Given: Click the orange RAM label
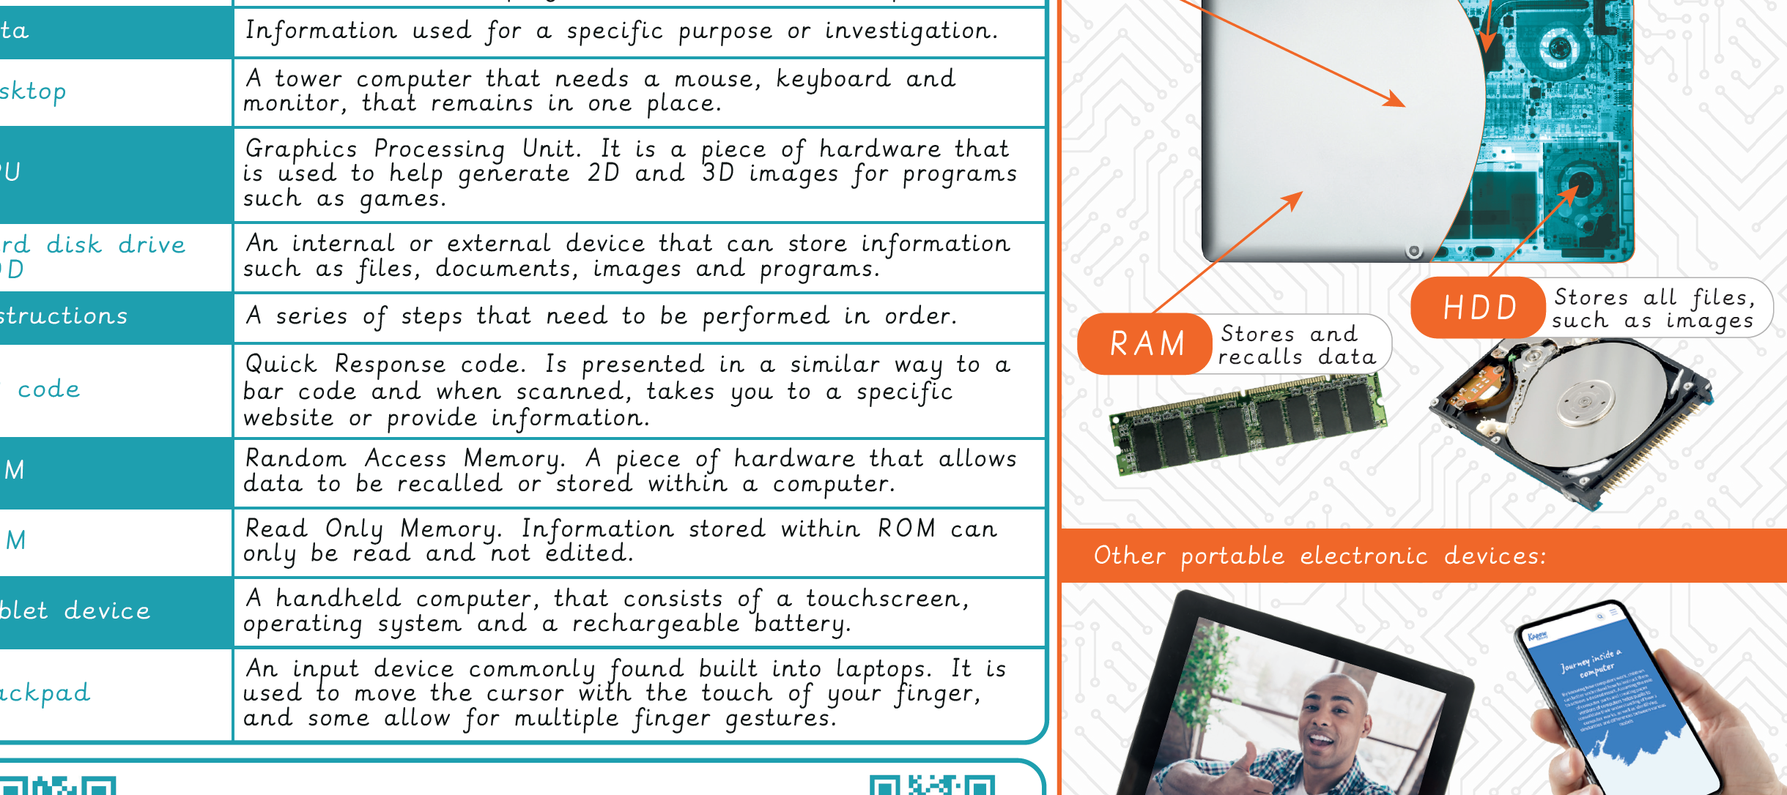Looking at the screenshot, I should [1147, 344].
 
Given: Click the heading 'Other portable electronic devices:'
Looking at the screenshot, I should [1320, 556].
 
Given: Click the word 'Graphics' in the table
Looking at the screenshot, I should [301, 149].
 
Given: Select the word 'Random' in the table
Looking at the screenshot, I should [295, 458].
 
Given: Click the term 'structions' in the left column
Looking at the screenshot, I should [64, 316].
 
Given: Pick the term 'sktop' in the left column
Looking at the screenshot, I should [34, 92].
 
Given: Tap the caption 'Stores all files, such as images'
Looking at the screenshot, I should [1654, 308].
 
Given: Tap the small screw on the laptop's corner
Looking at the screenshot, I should [1414, 252].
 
